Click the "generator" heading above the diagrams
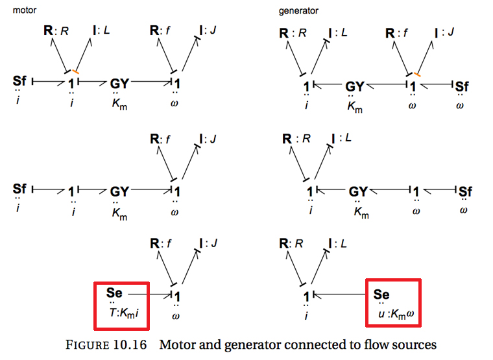pyautogui.click(x=299, y=11)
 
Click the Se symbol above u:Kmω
pyautogui.click(x=382, y=294)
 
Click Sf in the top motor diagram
pyautogui.click(x=20, y=81)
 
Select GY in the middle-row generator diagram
pyautogui.click(x=359, y=192)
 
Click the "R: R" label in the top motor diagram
pyautogui.click(x=54, y=30)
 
